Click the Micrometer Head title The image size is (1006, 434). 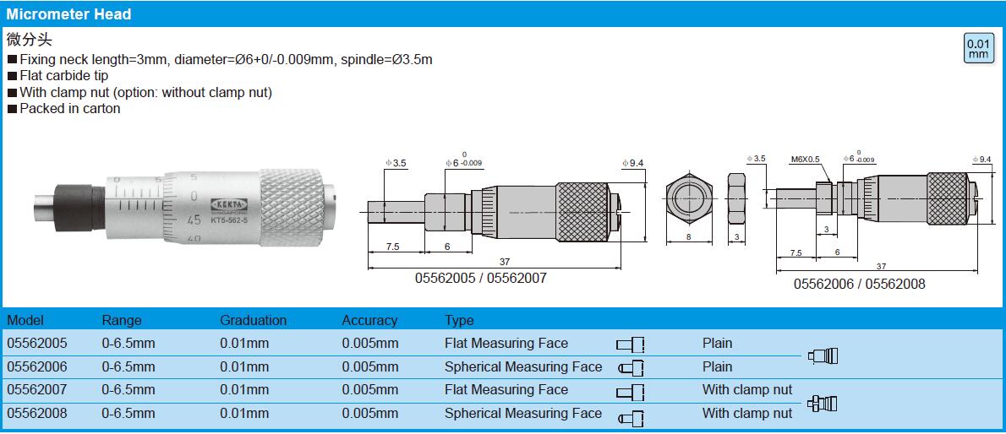[68, 14]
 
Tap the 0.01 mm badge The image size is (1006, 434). [978, 49]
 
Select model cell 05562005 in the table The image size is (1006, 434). [36, 344]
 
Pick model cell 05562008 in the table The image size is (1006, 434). [36, 414]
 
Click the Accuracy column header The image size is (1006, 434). [369, 320]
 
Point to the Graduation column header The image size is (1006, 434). [254, 320]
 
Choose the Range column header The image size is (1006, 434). [122, 320]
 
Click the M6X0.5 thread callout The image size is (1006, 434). [805, 160]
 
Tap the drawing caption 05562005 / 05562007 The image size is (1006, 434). [481, 279]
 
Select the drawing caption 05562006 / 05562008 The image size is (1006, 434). [860, 284]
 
